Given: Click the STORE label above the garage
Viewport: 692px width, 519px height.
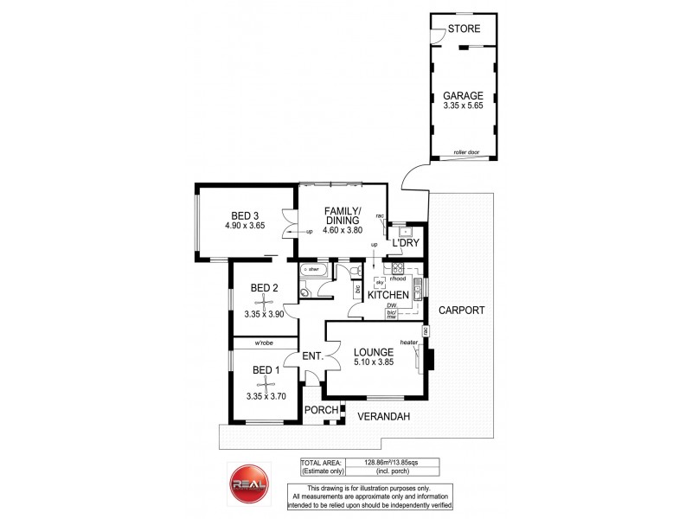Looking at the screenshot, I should pos(464,29).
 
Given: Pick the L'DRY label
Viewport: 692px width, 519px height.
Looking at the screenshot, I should pos(405,244).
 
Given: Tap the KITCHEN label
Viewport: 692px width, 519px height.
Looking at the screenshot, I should pos(387,295).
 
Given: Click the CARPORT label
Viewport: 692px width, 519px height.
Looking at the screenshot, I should pos(460,310).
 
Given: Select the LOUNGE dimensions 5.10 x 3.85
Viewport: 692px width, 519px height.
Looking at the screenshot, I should pos(374,363).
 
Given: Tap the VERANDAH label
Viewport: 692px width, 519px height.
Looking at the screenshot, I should pos(384,417).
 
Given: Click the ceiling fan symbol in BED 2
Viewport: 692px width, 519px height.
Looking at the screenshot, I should pos(264,301).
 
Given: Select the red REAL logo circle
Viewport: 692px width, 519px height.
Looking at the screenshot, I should pos(247,483).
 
